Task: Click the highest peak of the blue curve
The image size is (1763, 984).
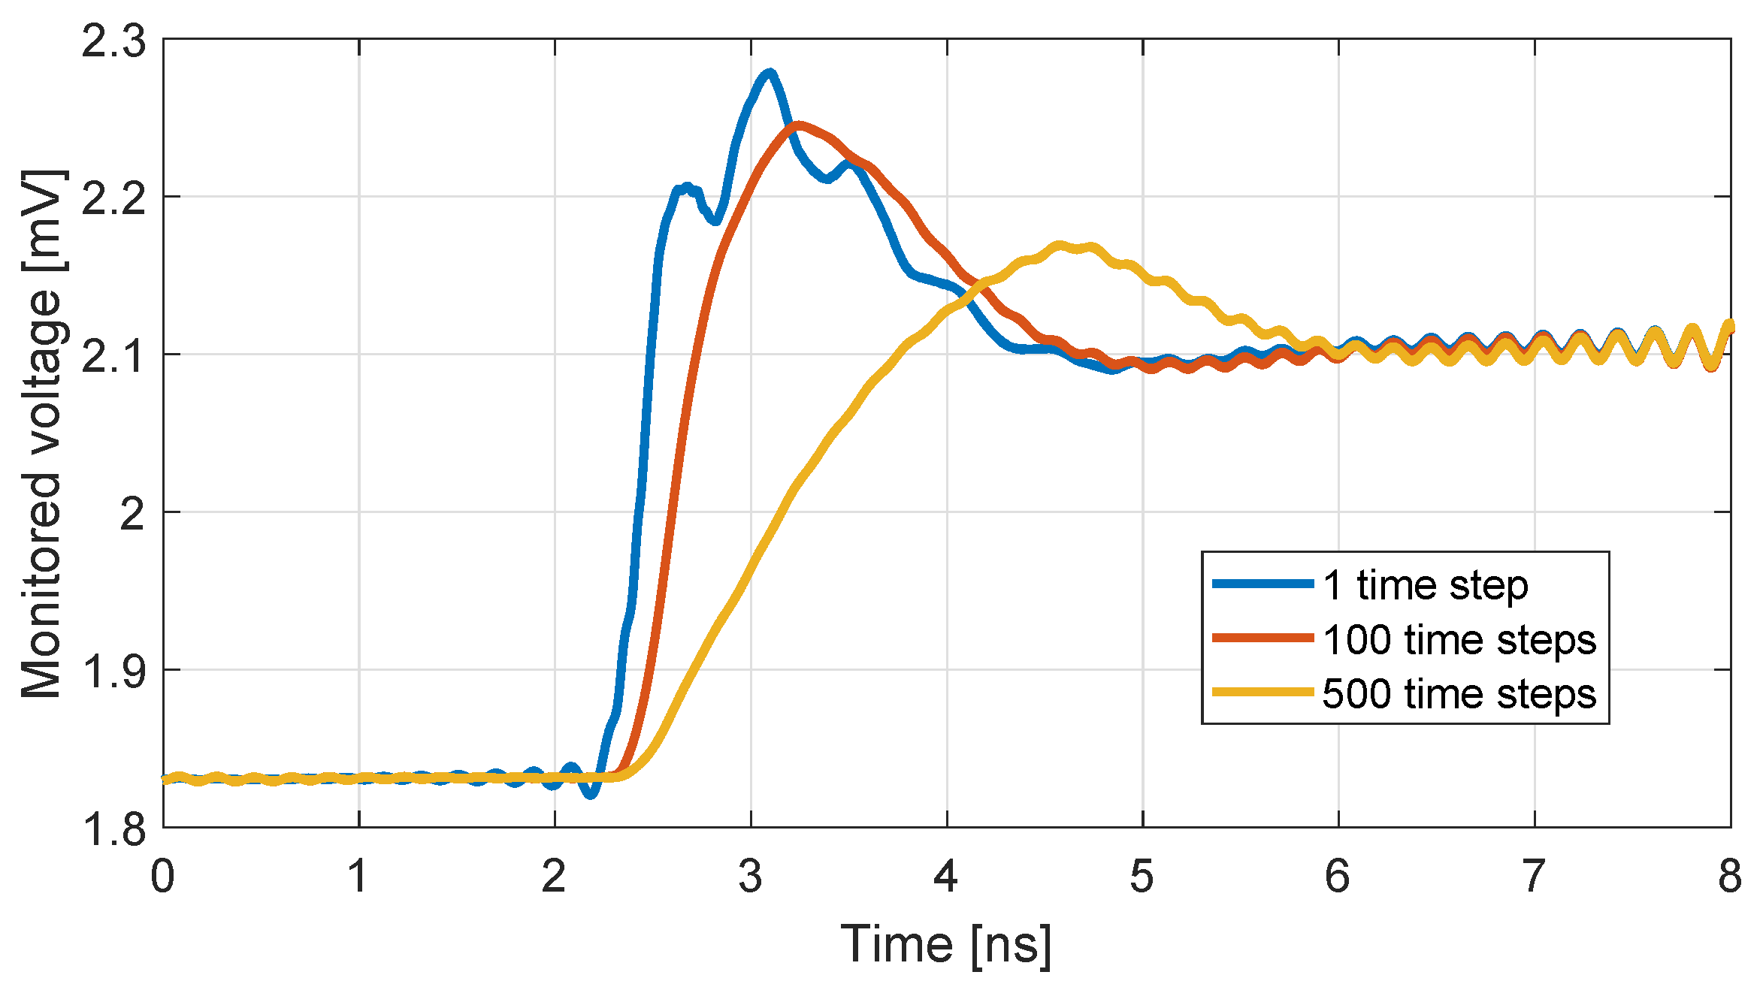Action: pyautogui.click(x=769, y=74)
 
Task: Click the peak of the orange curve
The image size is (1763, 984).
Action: pyautogui.click(x=798, y=125)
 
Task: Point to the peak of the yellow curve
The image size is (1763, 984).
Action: pyautogui.click(x=1060, y=246)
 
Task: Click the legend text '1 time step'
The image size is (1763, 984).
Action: pyautogui.click(x=1425, y=585)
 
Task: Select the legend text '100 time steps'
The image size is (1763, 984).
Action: pyautogui.click(x=1459, y=640)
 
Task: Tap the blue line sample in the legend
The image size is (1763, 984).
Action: pyautogui.click(x=1263, y=584)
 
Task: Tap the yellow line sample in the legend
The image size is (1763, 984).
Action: pyautogui.click(x=1263, y=692)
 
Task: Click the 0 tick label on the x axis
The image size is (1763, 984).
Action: pyautogui.click(x=162, y=877)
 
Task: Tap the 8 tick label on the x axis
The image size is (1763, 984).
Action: pyautogui.click(x=1730, y=877)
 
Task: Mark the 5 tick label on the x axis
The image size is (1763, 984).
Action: pyautogui.click(x=1142, y=877)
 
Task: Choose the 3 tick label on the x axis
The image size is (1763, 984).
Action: pyautogui.click(x=750, y=877)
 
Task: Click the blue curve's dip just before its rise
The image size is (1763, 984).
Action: pyautogui.click(x=591, y=792)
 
